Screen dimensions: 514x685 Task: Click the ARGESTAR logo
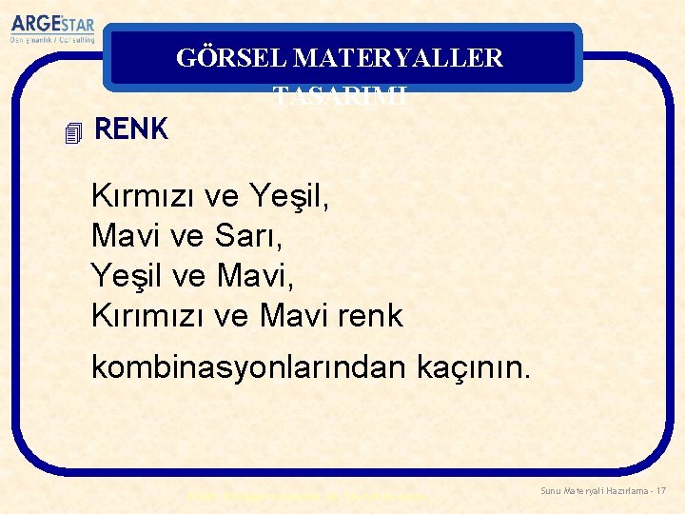53,24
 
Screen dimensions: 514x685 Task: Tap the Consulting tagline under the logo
53,41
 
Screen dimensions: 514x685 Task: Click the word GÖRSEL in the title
231,58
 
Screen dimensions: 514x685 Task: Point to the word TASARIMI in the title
341,94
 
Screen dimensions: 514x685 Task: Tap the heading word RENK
131,129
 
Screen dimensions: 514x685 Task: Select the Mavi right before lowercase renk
294,315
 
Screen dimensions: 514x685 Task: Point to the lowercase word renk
370,315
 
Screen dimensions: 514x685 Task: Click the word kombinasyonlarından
249,366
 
